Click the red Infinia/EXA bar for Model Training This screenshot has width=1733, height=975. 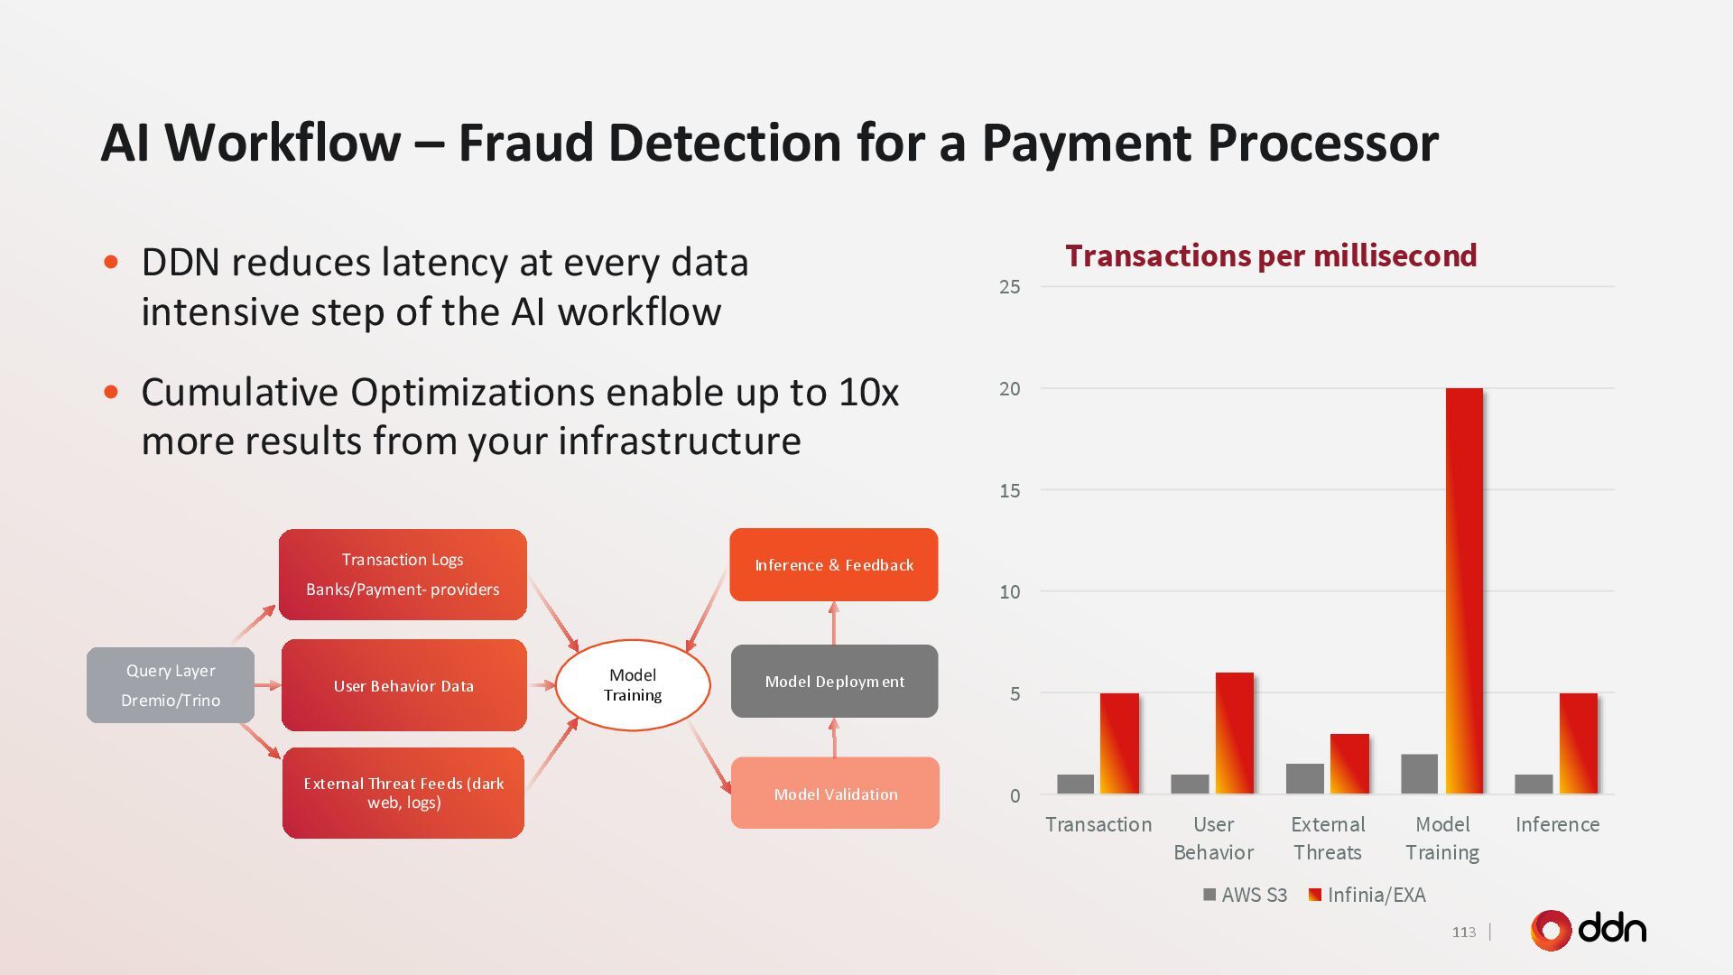click(1464, 591)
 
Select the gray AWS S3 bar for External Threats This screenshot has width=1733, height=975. click(1304, 779)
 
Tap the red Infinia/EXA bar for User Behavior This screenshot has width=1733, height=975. click(1234, 733)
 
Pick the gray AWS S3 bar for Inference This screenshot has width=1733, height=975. click(1534, 785)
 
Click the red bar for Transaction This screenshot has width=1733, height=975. click(1119, 743)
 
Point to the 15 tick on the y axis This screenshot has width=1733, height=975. click(1009, 491)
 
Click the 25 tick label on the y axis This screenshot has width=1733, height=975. click(1009, 287)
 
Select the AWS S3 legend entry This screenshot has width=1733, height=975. click(1245, 895)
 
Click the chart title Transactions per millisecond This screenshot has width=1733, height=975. click(1271, 255)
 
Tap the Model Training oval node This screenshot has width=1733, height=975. click(633, 685)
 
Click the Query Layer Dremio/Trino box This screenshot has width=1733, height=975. click(171, 685)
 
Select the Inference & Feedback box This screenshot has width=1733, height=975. click(834, 565)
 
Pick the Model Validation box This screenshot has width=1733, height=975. click(835, 794)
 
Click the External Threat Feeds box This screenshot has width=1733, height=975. click(403, 793)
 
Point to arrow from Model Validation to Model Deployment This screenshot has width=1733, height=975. click(834, 738)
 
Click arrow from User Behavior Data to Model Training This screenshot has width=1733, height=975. click(542, 685)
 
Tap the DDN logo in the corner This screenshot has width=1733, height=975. click(1588, 930)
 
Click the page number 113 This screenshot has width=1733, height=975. click(1464, 933)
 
